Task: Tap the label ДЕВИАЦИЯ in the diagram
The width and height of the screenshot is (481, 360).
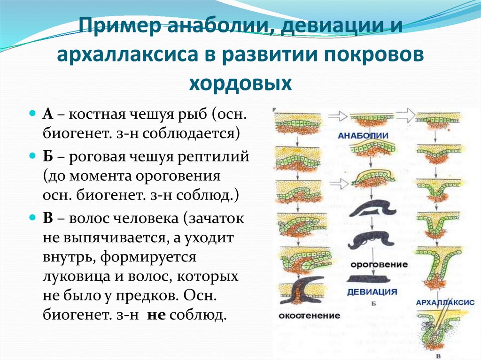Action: pyautogui.click(x=372, y=292)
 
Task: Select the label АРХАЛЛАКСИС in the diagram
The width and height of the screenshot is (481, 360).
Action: pyautogui.click(x=445, y=303)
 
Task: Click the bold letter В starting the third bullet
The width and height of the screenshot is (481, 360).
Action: pyautogui.click(x=48, y=218)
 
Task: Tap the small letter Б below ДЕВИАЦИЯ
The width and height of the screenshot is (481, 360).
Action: pyautogui.click(x=372, y=304)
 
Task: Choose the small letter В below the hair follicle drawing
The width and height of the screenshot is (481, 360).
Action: pyautogui.click(x=439, y=355)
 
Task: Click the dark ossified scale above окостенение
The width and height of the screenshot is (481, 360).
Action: pyautogui.click(x=303, y=293)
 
